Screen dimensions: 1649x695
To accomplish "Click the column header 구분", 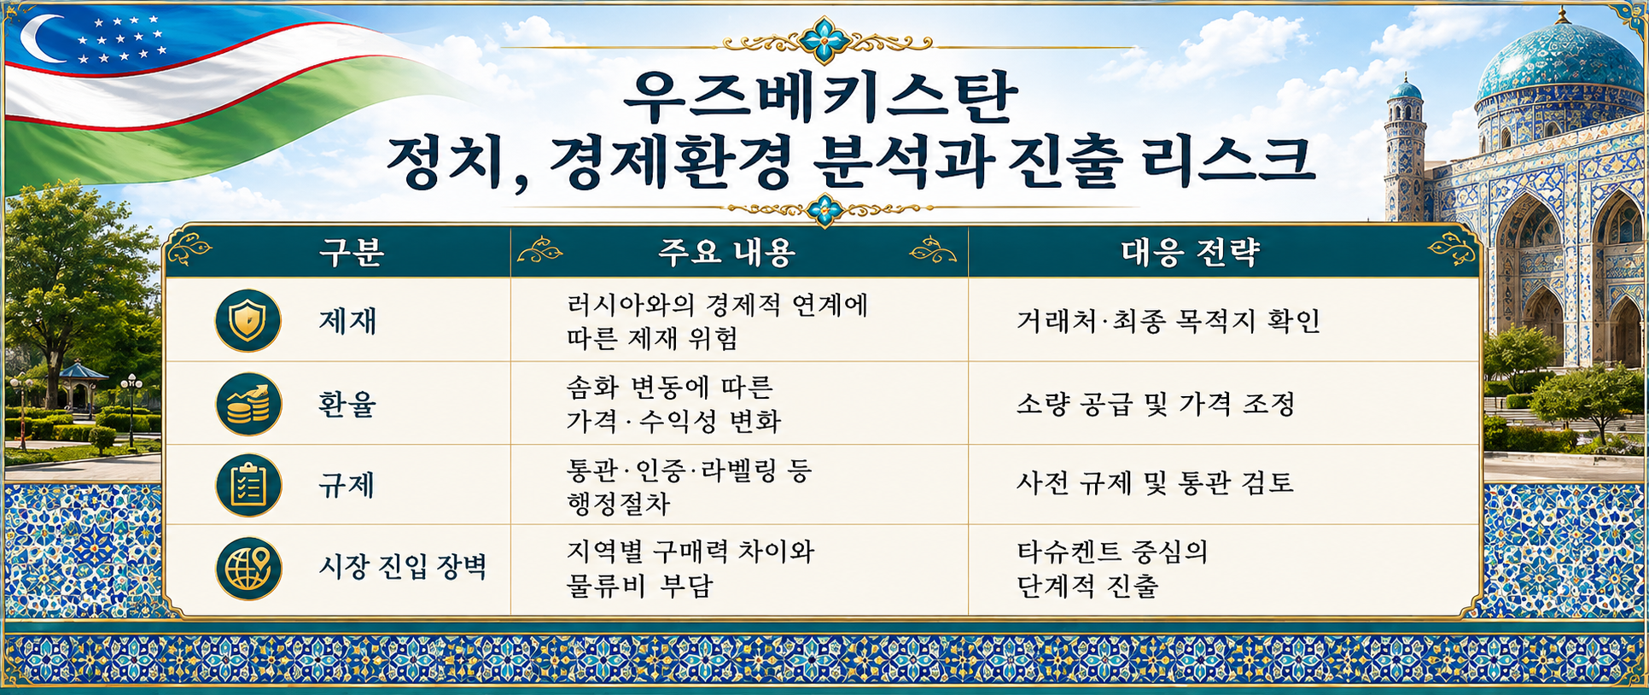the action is pos(352,252).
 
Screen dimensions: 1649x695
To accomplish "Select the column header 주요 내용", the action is pos(726,252).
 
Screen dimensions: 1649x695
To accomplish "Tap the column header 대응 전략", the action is pos(1190,252).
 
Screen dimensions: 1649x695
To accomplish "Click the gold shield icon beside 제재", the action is pos(248,321).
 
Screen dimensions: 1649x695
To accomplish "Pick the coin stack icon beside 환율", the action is pos(248,404).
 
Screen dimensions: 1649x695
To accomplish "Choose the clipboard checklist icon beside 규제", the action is pos(248,485).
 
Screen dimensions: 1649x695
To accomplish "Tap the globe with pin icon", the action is pos(248,567).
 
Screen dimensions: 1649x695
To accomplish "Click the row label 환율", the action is pos(347,404).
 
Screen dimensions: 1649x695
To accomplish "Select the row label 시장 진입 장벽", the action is pos(403,567).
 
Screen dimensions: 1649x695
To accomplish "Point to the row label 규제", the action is pos(347,485).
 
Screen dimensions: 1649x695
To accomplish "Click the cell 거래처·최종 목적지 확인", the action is pos(1168,321).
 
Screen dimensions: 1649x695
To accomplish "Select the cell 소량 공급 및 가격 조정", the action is pos(1156,404).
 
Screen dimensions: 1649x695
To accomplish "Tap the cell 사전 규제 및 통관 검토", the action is pos(1155,484).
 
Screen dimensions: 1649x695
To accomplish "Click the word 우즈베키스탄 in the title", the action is pos(820,96).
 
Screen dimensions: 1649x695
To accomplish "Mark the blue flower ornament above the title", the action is pos(824,40).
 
